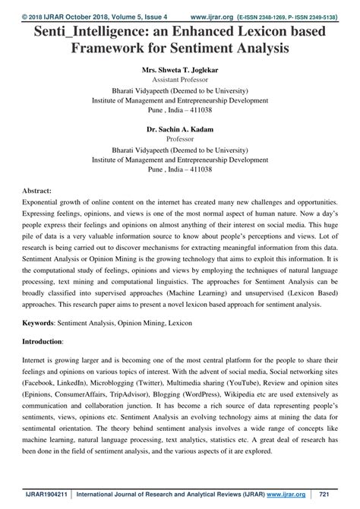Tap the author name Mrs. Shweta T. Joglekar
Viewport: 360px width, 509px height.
point(180,69)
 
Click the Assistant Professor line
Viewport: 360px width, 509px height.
point(180,79)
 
